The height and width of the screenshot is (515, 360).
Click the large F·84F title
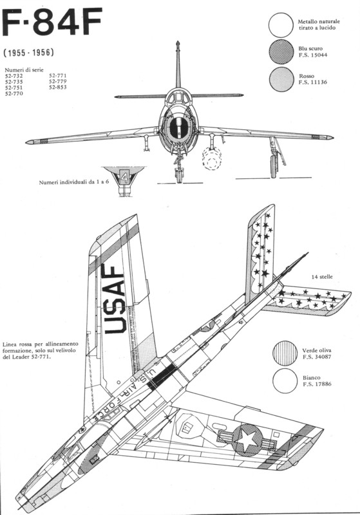point(52,23)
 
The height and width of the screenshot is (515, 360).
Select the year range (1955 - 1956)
point(29,53)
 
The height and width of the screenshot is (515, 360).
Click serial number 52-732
point(14,76)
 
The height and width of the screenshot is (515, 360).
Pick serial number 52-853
point(58,87)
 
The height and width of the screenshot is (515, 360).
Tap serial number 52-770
point(14,93)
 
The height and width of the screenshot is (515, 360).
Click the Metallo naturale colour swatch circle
point(281,25)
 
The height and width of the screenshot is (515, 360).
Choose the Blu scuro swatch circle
point(281,52)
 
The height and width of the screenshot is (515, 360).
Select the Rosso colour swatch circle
point(281,79)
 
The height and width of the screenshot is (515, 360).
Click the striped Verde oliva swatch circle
point(285,353)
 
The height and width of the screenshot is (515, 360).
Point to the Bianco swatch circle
point(285,380)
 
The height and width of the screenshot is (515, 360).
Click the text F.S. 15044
point(313,55)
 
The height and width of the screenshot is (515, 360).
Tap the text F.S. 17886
point(317,384)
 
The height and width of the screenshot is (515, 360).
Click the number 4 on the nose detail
point(124,178)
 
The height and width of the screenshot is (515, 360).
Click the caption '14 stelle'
point(322,277)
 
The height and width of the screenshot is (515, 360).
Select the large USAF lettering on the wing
point(115,299)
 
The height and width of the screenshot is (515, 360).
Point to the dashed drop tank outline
point(212,158)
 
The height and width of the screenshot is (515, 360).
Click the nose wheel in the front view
point(178,176)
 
